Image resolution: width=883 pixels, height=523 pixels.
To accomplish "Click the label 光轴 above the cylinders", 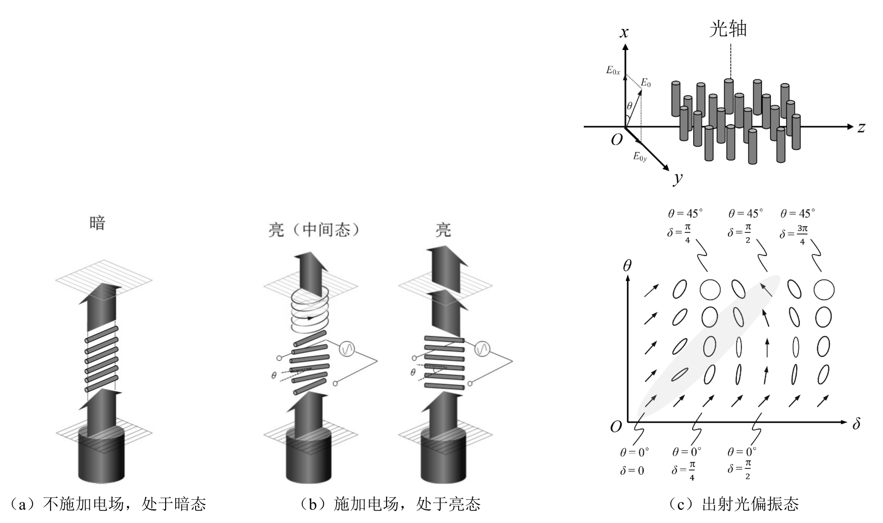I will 728,29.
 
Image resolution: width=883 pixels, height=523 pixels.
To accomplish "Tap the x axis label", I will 624,33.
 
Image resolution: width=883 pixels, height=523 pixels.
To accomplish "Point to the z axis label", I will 861,127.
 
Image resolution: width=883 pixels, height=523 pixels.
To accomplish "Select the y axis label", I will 678,178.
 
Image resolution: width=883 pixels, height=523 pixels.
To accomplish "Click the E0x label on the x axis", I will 613,70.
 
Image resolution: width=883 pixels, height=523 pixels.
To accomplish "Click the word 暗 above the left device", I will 97,223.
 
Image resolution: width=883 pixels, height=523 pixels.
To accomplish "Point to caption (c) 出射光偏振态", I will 734,505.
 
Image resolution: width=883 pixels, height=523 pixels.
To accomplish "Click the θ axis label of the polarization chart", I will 627,265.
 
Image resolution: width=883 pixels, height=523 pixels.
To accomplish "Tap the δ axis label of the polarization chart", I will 856,424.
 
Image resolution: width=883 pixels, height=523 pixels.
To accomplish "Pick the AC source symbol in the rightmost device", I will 482,348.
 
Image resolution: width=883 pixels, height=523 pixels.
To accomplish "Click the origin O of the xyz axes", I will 616,139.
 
